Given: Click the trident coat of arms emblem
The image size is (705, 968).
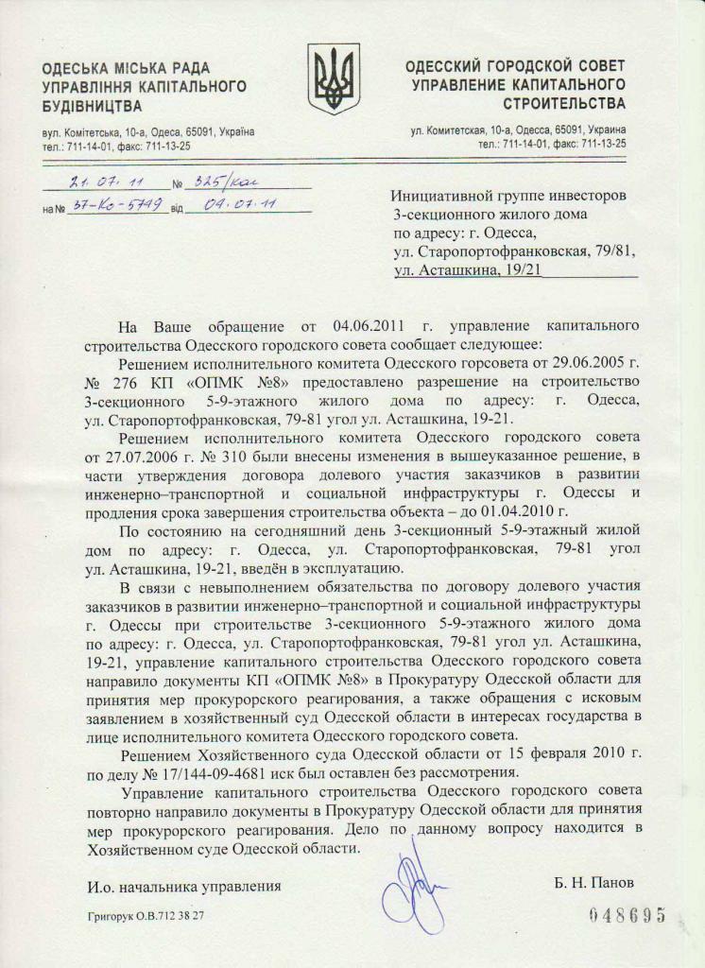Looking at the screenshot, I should [x=334, y=78].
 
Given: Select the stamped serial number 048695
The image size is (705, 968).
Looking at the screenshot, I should [x=628, y=915].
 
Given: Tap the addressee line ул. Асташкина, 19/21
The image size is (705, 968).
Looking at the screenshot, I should [x=467, y=270].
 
